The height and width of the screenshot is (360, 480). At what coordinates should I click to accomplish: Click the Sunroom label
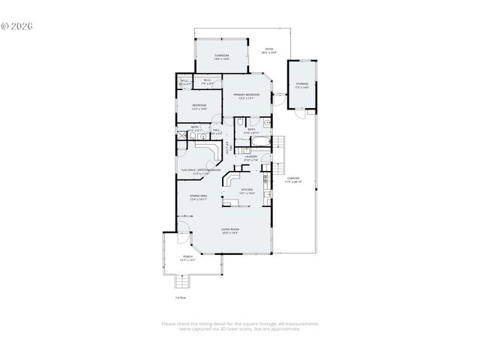tap(221, 57)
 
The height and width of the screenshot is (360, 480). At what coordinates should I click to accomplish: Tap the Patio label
tap(269, 51)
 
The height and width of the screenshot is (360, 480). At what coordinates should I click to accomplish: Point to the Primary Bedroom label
tap(246, 96)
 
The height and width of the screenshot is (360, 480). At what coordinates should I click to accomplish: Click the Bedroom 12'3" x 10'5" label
tap(199, 106)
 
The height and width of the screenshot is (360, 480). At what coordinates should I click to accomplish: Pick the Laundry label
tap(250, 157)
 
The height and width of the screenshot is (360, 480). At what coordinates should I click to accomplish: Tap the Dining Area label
tap(197, 197)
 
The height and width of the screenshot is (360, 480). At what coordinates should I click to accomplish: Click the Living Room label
tap(229, 231)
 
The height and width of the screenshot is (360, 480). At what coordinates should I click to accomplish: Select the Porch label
tap(187, 258)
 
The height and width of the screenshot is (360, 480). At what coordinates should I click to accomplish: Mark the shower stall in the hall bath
tap(182, 136)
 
